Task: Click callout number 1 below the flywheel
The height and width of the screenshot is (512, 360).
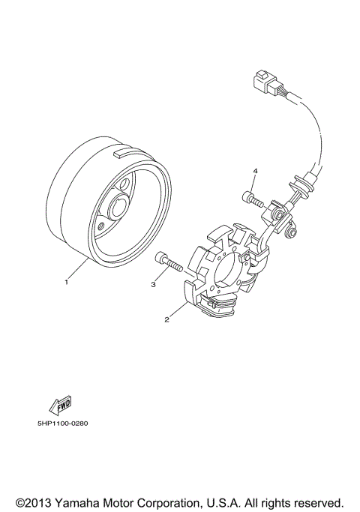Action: click(x=66, y=283)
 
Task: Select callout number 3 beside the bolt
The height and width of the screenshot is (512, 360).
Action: click(x=153, y=285)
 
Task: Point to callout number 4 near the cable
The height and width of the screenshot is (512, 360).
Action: click(x=254, y=172)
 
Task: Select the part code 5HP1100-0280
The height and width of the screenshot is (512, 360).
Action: click(x=63, y=424)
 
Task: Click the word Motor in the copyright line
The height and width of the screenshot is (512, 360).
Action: click(x=120, y=502)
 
